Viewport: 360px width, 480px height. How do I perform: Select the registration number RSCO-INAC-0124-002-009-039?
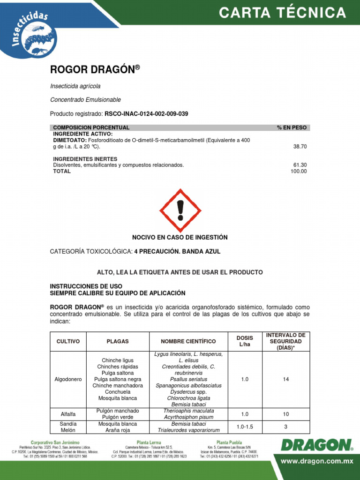[146, 114]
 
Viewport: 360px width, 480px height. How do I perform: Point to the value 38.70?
[300, 146]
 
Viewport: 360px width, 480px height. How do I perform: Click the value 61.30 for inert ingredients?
[300, 165]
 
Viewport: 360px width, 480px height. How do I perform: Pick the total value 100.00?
[299, 171]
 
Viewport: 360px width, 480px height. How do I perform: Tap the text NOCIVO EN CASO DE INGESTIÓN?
[180, 237]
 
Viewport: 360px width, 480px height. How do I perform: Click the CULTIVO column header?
[68, 341]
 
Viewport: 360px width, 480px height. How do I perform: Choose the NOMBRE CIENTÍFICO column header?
[188, 341]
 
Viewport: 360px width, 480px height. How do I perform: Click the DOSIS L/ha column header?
[245, 341]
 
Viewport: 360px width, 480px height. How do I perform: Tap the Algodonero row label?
[68, 379]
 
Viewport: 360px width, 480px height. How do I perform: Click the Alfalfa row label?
[68, 414]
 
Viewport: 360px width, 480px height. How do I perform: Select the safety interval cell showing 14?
[286, 379]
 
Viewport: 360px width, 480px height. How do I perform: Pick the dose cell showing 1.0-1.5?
[245, 427]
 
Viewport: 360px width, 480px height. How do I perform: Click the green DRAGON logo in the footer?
[317, 445]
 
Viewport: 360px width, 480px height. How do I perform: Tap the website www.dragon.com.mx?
[316, 461]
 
